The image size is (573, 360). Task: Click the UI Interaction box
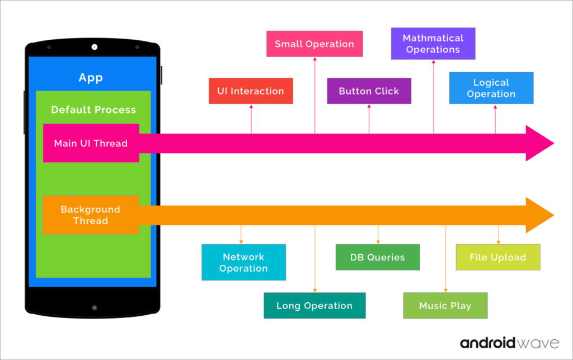click(251, 91)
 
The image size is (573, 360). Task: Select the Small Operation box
click(314, 44)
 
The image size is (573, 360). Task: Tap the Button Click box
click(369, 91)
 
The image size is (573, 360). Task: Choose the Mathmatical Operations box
click(433, 44)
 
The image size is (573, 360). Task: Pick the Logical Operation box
click(491, 88)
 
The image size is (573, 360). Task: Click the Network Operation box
click(243, 263)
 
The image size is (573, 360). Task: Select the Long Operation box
click(314, 306)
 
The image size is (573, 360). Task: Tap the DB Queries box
click(377, 258)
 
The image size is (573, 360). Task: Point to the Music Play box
click(445, 306)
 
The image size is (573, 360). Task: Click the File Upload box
click(497, 258)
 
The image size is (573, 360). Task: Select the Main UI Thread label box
click(91, 143)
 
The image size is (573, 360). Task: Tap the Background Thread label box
click(91, 215)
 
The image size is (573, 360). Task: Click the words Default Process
click(93, 110)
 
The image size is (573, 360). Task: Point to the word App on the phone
click(91, 78)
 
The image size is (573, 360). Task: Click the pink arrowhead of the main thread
click(539, 143)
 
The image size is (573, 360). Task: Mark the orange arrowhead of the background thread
click(539, 216)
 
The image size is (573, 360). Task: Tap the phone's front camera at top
click(94, 47)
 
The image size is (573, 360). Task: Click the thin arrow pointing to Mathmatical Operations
click(433, 96)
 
